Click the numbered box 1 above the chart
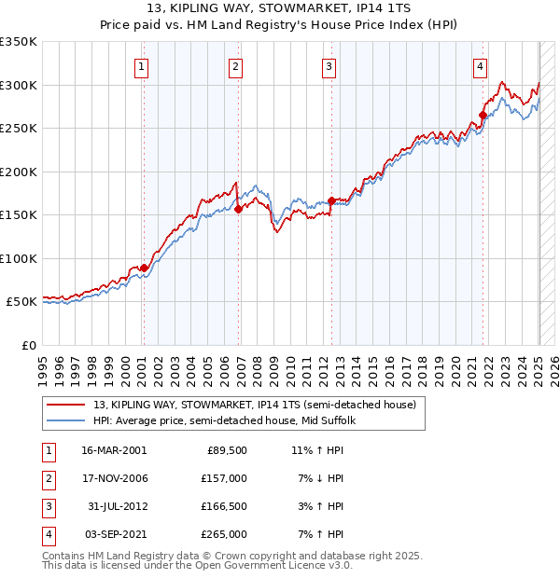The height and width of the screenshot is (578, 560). [141, 66]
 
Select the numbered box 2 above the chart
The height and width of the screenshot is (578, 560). [236, 66]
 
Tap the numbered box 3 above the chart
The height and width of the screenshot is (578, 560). [329, 66]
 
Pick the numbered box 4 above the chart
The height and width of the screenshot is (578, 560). [480, 66]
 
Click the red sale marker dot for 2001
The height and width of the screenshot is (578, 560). [144, 268]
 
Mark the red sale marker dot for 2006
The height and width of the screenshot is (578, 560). [238, 209]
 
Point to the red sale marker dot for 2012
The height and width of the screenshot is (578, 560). [331, 200]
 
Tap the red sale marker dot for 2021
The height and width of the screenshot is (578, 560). [483, 116]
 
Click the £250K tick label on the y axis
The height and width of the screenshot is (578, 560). [19, 128]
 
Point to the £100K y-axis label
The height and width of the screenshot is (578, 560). [19, 258]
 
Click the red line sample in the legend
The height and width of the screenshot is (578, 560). [66, 405]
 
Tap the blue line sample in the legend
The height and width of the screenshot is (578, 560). [66, 420]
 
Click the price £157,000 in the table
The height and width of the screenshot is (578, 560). [225, 478]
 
